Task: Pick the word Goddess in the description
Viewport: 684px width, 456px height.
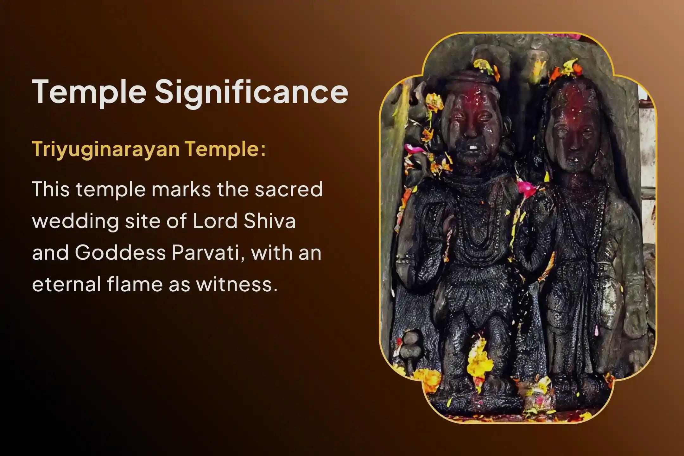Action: (120, 252)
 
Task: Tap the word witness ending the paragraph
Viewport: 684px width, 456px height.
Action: (234, 284)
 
